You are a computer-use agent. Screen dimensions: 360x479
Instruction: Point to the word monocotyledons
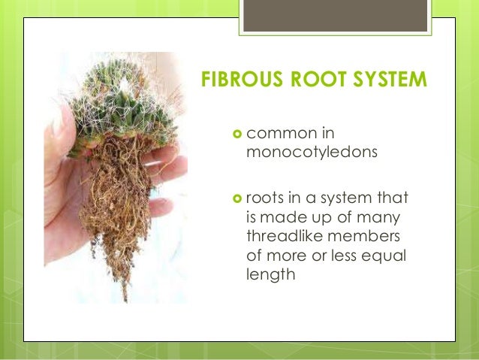coord(303,153)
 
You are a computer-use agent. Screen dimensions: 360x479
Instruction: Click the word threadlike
coord(282,237)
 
